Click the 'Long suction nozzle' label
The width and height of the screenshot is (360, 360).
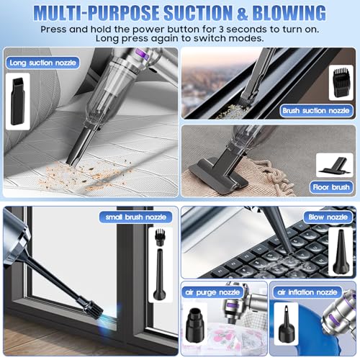coord(42,63)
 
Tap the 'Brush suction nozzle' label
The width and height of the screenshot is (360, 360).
coord(316,111)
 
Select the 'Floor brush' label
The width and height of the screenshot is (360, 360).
coord(331,187)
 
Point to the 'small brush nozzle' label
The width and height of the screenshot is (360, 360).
coord(136,217)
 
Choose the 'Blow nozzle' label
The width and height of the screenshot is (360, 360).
coord(328,217)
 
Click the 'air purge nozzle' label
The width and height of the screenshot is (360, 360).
coord(212,292)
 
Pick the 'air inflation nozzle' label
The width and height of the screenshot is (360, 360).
coord(307,292)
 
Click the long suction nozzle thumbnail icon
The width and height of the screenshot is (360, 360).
coord(18,101)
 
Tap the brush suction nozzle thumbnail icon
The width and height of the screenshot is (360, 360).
coord(341,83)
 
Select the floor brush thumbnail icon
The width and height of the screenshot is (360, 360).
coord(335,166)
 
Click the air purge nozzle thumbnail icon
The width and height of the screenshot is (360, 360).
coord(195,325)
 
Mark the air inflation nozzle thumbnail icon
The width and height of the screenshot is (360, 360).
coord(287,323)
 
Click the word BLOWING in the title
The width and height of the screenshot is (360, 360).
coord(289,12)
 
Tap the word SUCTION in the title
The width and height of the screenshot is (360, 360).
coord(201,12)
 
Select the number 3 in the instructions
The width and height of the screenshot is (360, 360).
coord(221,30)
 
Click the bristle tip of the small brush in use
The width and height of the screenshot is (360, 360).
coord(99,315)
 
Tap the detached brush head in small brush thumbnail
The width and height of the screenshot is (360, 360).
coord(159,237)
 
